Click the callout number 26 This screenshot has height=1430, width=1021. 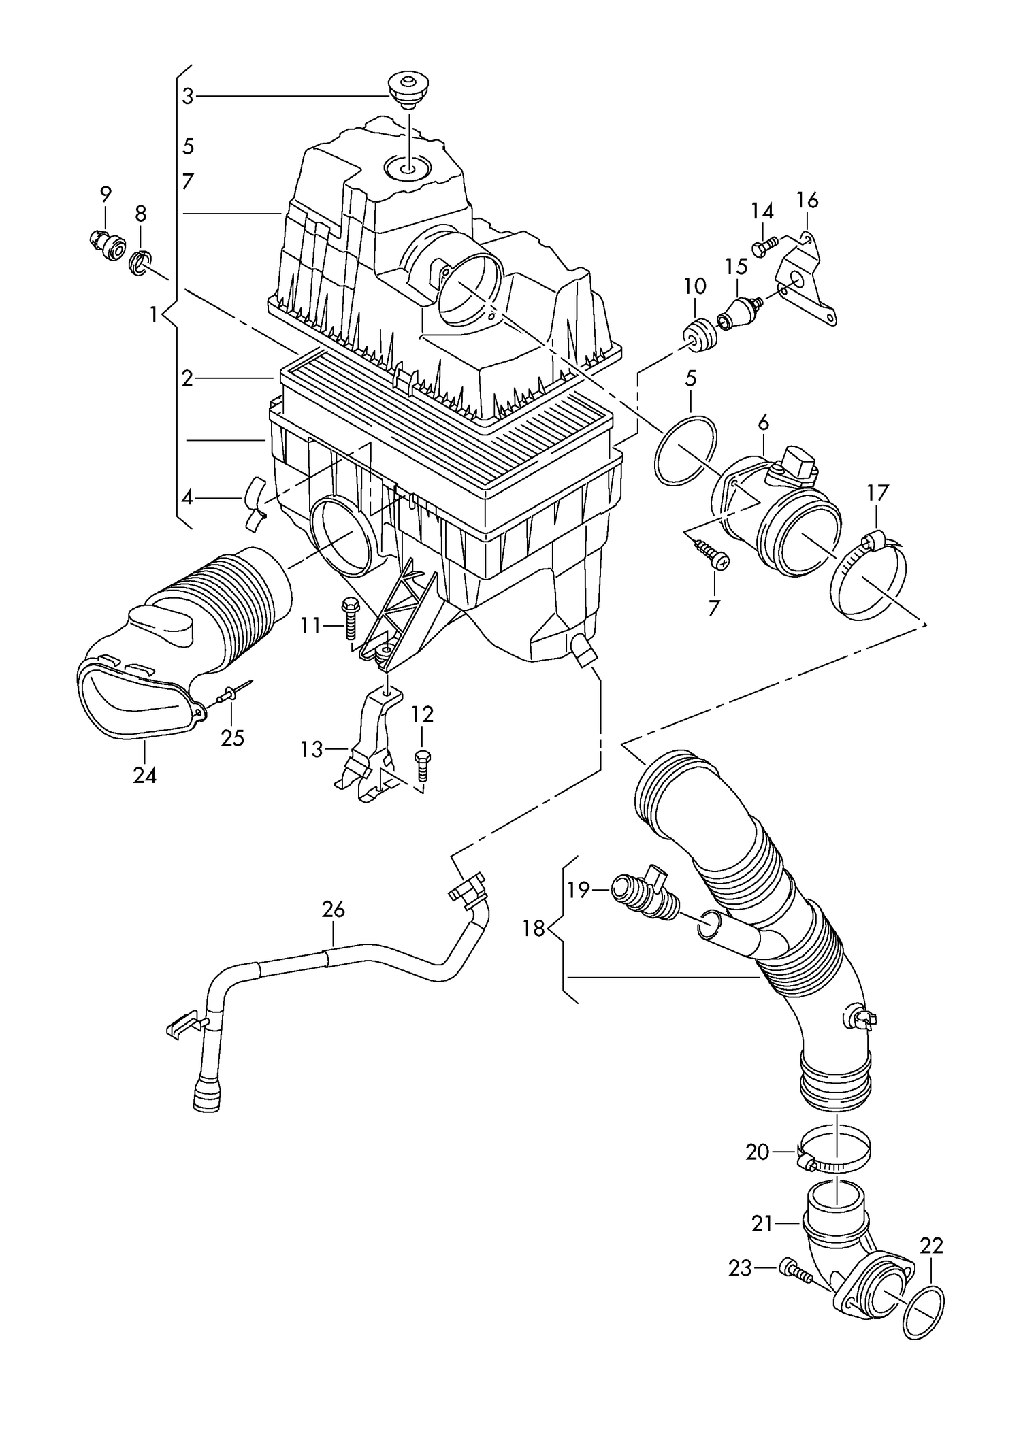(334, 910)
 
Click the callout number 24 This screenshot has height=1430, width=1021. (145, 775)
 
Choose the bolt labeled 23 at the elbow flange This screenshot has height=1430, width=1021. (796, 1269)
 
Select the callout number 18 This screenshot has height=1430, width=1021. (534, 928)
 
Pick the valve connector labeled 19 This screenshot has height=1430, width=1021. (643, 897)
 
